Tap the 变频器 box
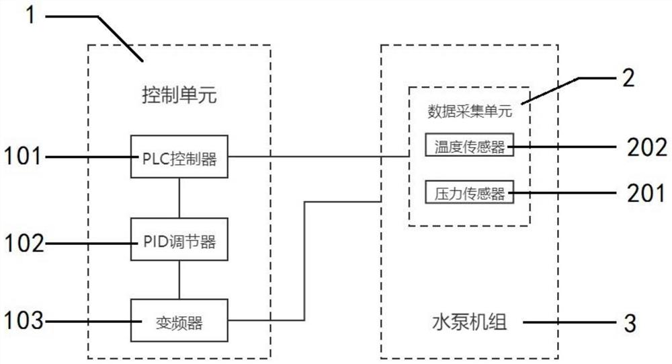click(179, 322)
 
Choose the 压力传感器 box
click(470, 194)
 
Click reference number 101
click(24, 157)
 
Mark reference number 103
click(24, 322)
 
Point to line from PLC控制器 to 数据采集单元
click(316, 157)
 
